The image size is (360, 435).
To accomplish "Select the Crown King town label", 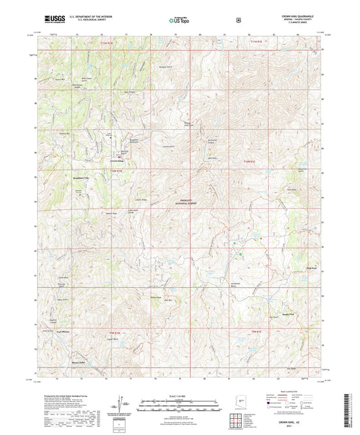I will coord(117,162).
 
